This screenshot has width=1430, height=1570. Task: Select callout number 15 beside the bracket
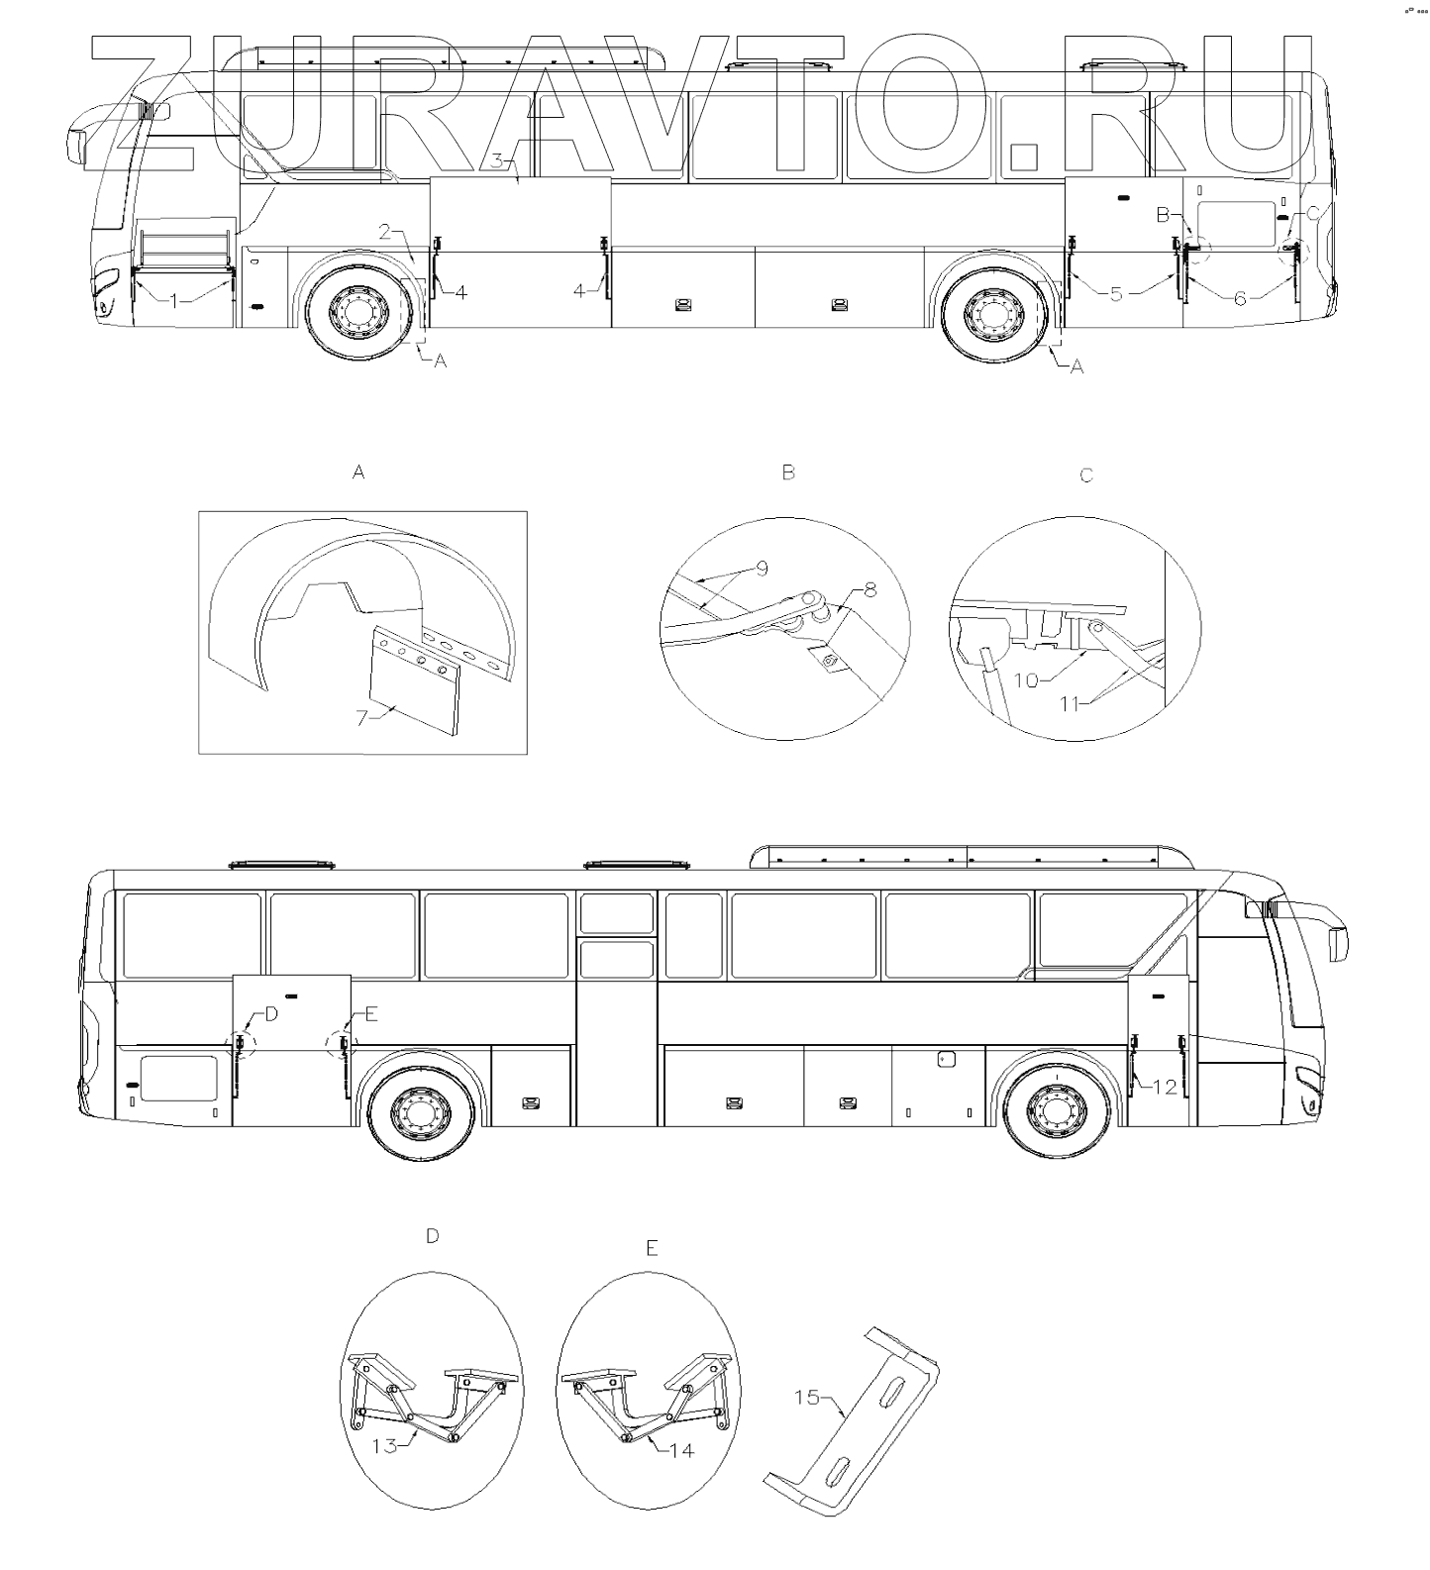tap(807, 1397)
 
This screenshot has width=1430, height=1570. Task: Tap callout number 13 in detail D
tap(384, 1445)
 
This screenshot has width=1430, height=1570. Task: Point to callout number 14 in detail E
tap(681, 1450)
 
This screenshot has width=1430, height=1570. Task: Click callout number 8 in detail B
tap(869, 590)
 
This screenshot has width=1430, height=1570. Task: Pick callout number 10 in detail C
tap(1027, 680)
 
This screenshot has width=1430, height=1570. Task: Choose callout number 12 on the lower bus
tap(1165, 1087)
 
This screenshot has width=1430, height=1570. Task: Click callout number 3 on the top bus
tap(499, 159)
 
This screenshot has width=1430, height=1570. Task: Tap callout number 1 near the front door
tap(174, 300)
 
